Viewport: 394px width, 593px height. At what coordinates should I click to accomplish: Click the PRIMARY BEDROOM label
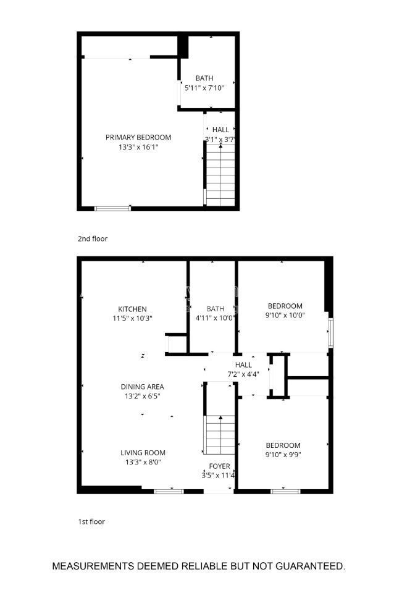138,137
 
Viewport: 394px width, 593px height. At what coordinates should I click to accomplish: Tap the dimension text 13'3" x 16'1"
138,147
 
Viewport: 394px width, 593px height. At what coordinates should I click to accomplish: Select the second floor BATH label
204,78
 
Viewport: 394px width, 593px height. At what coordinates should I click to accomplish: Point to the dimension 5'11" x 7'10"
204,88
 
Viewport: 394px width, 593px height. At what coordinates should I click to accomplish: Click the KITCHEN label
132,309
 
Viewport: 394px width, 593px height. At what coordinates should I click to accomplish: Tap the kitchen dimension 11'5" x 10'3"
132,318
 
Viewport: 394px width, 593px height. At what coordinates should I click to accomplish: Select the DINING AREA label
142,387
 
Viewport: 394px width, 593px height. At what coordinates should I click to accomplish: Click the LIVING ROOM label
142,452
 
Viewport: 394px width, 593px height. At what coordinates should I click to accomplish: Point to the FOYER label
219,466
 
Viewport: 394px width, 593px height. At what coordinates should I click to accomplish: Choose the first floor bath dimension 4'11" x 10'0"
216,318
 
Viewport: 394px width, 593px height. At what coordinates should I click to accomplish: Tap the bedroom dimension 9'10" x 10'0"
285,315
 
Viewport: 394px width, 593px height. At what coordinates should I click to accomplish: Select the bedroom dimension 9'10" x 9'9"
283,455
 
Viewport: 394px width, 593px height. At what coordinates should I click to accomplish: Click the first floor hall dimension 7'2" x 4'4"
243,374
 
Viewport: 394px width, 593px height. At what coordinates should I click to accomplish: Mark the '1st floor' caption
91,521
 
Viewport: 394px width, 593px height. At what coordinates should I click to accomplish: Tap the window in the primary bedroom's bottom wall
112,208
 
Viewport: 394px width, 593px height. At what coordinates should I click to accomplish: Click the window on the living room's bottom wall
168,491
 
